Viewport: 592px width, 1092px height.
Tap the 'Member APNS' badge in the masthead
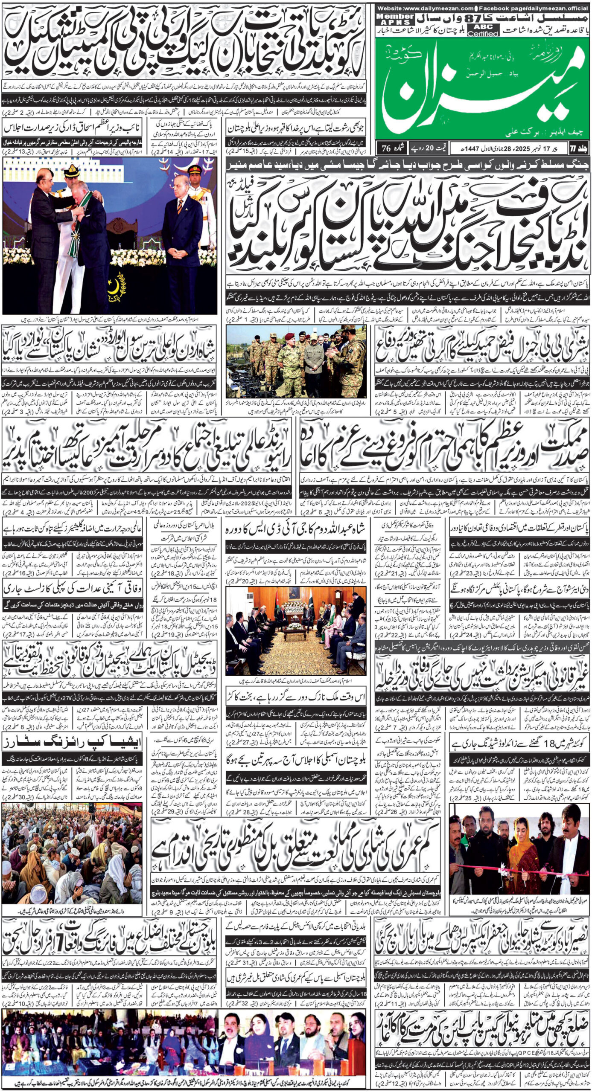[395, 19]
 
